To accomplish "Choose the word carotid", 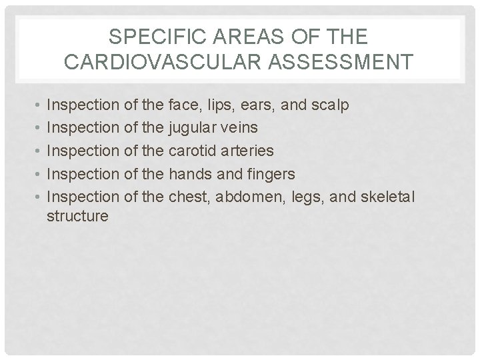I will tap(194, 151).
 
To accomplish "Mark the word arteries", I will tap(247, 151).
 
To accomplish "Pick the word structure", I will tap(77, 216).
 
